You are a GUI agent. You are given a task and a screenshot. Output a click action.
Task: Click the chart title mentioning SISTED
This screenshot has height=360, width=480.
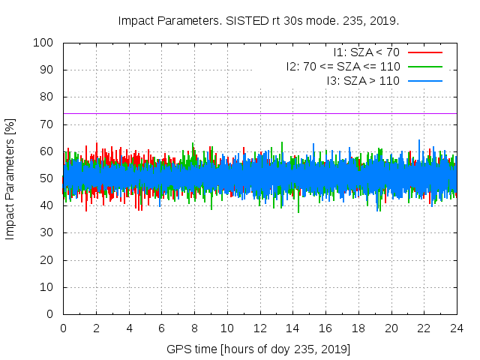click(x=259, y=20)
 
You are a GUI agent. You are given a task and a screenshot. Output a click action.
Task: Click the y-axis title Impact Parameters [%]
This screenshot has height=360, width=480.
click(x=10, y=178)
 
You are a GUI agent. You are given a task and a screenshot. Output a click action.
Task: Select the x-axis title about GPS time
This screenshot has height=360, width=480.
click(x=259, y=349)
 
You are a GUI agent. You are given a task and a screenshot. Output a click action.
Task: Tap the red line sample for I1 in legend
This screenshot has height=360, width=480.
click(x=424, y=52)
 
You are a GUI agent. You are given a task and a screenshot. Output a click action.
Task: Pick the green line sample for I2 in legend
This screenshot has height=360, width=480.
click(x=424, y=66)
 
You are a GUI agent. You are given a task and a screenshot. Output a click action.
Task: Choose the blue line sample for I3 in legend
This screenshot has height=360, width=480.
click(x=424, y=80)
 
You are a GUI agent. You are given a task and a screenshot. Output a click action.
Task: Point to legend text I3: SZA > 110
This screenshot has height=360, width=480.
click(x=363, y=80)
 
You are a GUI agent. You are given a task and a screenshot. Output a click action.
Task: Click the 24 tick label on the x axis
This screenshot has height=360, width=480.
click(x=457, y=328)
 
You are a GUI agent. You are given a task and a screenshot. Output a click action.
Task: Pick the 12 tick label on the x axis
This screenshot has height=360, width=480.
click(x=260, y=328)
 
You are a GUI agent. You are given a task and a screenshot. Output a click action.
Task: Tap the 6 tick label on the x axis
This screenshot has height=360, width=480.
click(x=162, y=328)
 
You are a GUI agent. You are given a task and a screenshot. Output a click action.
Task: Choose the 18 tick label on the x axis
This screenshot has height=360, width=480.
click(x=358, y=328)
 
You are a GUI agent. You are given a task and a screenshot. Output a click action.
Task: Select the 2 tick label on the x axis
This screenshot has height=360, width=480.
click(x=96, y=328)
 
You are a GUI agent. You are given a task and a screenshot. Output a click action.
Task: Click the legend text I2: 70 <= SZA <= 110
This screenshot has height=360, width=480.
click(x=343, y=66)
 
